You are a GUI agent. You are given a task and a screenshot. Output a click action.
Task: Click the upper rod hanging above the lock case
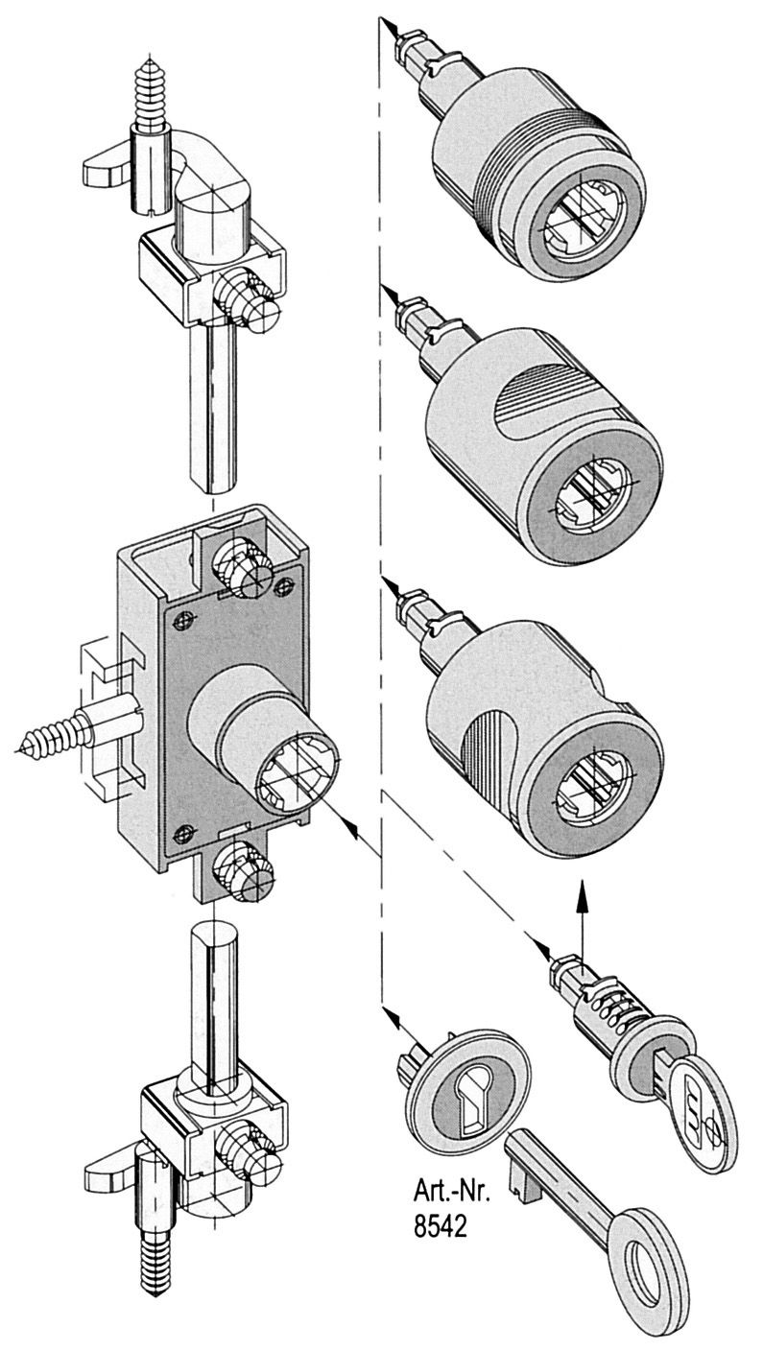click(213, 404)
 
